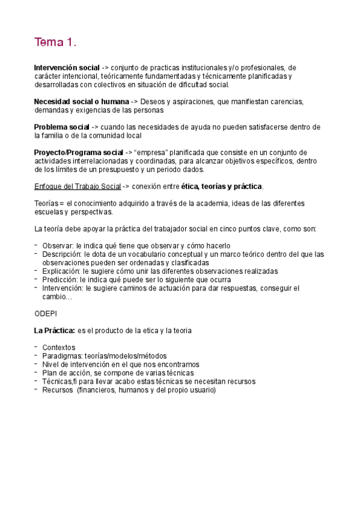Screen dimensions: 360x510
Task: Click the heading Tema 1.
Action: [55, 43]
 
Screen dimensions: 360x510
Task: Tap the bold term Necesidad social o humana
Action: [81, 102]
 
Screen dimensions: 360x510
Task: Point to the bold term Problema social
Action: [61, 127]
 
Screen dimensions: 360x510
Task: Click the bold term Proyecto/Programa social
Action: [78, 152]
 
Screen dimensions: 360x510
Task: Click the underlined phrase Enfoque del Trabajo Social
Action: [78, 186]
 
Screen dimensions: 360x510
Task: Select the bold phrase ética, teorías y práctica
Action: [222, 186]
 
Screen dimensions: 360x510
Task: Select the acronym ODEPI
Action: [46, 313]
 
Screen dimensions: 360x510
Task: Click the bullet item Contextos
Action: [59, 348]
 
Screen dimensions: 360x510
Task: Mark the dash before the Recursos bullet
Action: [36, 389]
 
